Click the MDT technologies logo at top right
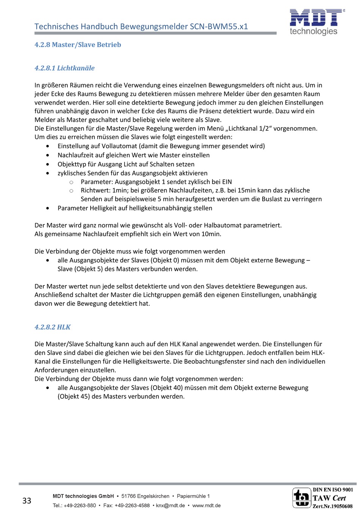(x=317, y=22)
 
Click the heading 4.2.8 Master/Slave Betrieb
(x=78, y=45)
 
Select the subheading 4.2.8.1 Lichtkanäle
(x=64, y=68)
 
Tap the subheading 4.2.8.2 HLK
(x=52, y=327)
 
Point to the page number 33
(x=27, y=501)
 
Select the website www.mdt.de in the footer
(x=206, y=505)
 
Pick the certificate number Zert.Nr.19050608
(x=332, y=506)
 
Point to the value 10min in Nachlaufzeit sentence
(x=211, y=234)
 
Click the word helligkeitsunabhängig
(x=161, y=208)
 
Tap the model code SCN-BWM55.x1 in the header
(x=219, y=27)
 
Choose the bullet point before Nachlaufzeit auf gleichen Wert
(x=47, y=155)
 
